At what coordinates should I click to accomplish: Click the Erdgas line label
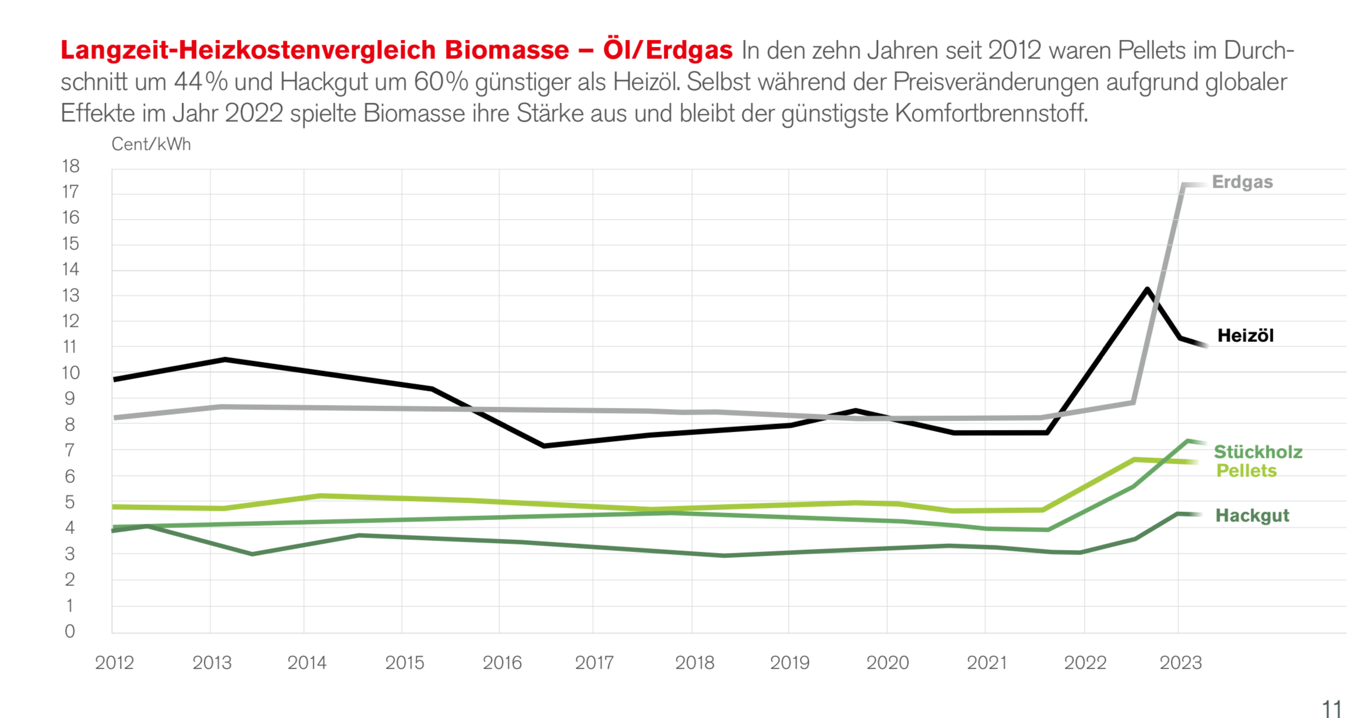tap(1242, 182)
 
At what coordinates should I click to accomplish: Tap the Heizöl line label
tap(1245, 336)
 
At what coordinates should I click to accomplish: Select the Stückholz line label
tap(1258, 452)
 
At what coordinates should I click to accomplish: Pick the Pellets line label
tap(1246, 471)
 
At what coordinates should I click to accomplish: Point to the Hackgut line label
tap(1252, 515)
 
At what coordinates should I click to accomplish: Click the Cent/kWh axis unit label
tap(151, 144)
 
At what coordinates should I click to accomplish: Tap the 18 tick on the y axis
tap(70, 167)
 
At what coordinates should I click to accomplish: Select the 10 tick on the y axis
tap(70, 373)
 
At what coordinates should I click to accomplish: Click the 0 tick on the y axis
tap(70, 631)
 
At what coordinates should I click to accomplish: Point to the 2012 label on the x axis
tap(114, 663)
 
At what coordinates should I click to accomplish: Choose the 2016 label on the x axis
tap(502, 663)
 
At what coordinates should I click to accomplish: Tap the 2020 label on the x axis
tap(887, 663)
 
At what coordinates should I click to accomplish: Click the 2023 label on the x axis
tap(1180, 663)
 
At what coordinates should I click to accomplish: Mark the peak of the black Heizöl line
tap(1146, 289)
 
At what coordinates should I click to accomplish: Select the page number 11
tap(1331, 709)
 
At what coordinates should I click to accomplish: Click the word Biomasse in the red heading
tap(507, 51)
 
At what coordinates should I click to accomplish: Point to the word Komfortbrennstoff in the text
tap(991, 114)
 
